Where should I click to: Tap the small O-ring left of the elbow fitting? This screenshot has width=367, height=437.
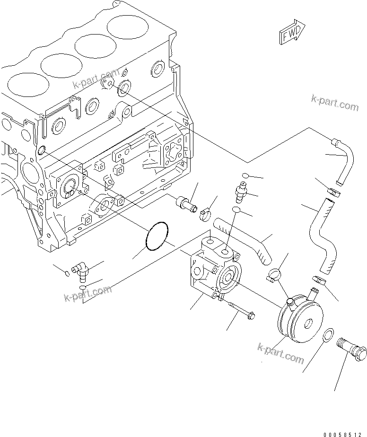click(x=67, y=273)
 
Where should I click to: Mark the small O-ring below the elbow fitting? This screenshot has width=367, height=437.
click(x=82, y=288)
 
